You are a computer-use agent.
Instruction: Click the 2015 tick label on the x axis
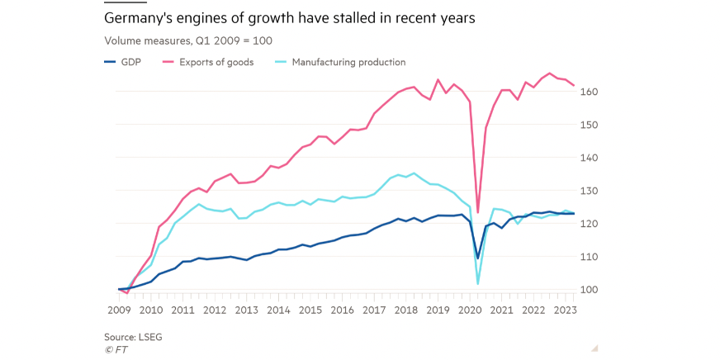tap(310, 310)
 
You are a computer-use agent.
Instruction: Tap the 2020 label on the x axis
tap(471, 310)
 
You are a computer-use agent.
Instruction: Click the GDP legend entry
tap(131, 62)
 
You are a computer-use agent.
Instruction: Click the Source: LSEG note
tap(132, 337)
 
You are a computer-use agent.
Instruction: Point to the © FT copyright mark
tap(116, 349)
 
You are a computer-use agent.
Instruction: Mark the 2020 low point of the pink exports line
tap(478, 212)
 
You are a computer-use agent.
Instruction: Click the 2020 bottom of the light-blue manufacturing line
tap(478, 284)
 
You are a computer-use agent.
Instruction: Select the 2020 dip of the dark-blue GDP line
tap(478, 258)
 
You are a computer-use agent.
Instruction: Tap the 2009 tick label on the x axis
tap(119, 310)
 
